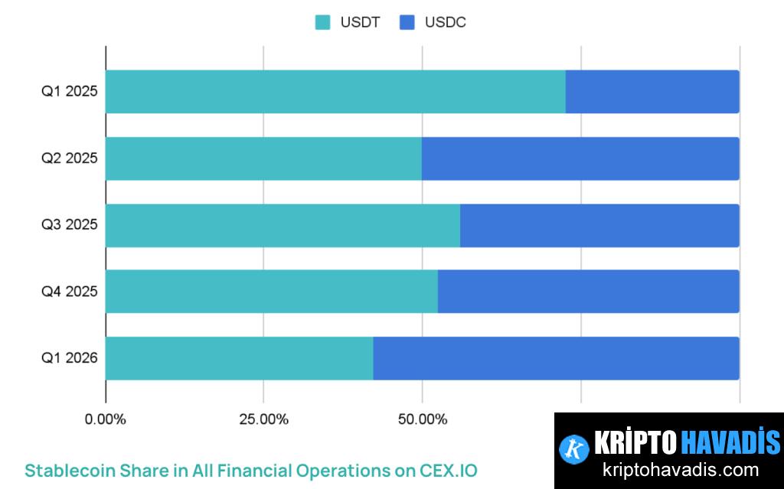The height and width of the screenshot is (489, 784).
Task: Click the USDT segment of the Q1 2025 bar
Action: [x=335, y=92]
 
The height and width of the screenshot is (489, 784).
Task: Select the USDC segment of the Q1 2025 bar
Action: [x=652, y=92]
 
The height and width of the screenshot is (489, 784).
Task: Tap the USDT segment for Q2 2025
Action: [x=263, y=158]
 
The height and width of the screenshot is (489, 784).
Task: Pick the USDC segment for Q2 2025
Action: [x=580, y=158]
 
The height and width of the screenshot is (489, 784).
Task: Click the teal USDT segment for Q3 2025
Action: [x=283, y=225]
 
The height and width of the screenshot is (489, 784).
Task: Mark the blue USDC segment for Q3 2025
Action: [x=599, y=225]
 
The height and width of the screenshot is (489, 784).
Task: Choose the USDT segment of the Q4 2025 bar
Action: [x=272, y=292]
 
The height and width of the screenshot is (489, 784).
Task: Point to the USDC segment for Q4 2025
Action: [x=588, y=292]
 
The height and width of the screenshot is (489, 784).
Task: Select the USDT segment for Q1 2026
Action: [x=239, y=358]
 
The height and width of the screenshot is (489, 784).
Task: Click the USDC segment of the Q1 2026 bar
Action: [x=556, y=358]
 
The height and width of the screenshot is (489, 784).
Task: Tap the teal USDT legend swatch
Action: [x=323, y=22]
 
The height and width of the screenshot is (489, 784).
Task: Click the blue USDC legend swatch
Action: [x=407, y=22]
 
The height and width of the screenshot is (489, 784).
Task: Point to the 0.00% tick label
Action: [x=106, y=419]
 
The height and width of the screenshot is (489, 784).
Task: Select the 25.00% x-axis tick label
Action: [x=263, y=419]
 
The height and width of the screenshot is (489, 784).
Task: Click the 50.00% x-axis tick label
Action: [x=422, y=419]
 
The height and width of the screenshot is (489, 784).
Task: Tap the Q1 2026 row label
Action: [x=69, y=358]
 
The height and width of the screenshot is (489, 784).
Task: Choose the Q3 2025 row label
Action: [x=69, y=225]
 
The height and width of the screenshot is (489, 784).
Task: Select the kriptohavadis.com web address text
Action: [x=680, y=470]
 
